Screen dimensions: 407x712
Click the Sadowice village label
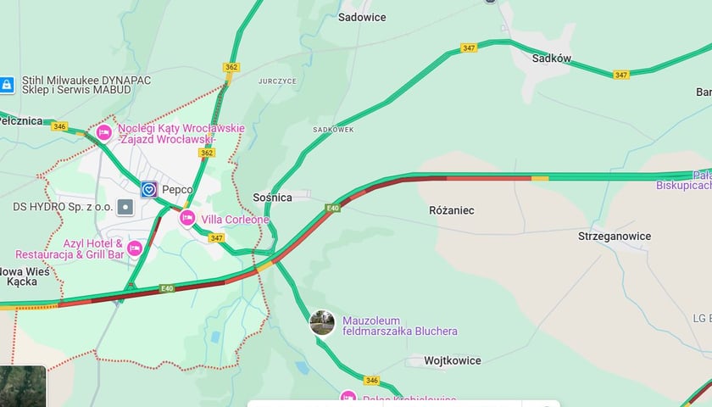coord(362,17)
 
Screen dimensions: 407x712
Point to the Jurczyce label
coord(277,81)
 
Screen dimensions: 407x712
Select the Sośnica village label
coord(272,198)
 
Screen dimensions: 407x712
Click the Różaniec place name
coord(452,209)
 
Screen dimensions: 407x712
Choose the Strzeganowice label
coord(615,236)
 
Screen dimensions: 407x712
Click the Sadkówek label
coord(333,130)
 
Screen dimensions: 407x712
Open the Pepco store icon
coord(149,189)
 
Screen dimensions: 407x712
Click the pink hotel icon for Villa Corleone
coord(187,219)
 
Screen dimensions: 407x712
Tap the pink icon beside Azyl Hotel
coord(134,248)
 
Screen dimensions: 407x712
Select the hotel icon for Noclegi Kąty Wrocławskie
coord(104,132)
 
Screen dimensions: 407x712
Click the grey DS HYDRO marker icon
coord(125,206)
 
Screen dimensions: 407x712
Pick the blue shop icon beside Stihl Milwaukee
coord(6,84)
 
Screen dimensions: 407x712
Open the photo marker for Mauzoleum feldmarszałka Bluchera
coord(322,323)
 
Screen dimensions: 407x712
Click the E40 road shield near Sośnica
coord(332,208)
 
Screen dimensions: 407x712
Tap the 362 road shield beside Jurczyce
coord(231,67)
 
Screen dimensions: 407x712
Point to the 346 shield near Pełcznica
coord(58,126)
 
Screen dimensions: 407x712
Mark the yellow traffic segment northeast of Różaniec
coord(540,178)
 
